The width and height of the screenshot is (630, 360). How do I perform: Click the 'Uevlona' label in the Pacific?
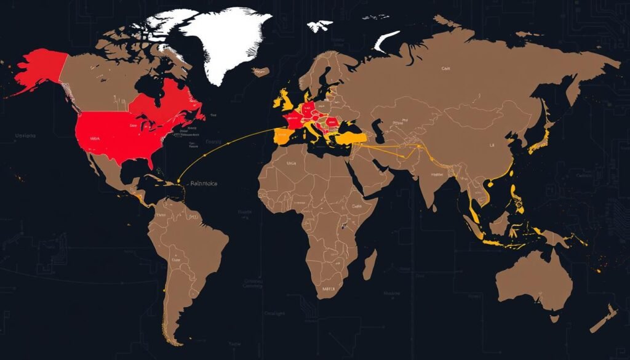(x=25, y=135)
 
